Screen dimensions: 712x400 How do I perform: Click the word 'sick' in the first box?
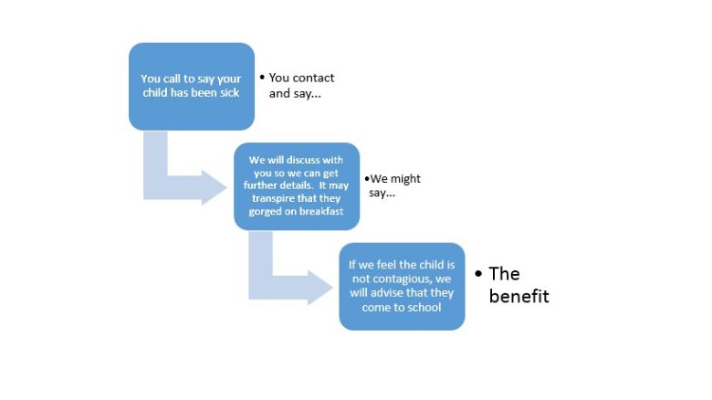(x=230, y=93)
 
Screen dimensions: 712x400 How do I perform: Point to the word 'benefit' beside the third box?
(x=519, y=297)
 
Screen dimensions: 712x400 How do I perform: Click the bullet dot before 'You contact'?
(x=262, y=78)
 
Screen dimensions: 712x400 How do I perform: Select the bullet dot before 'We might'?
(x=367, y=179)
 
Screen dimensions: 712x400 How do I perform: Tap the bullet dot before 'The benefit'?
(x=478, y=274)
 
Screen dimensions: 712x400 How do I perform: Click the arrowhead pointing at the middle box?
(x=215, y=187)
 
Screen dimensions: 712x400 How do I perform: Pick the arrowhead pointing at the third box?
(x=320, y=288)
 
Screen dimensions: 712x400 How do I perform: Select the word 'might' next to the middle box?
(x=408, y=179)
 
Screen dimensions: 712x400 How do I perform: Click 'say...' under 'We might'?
(x=382, y=194)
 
